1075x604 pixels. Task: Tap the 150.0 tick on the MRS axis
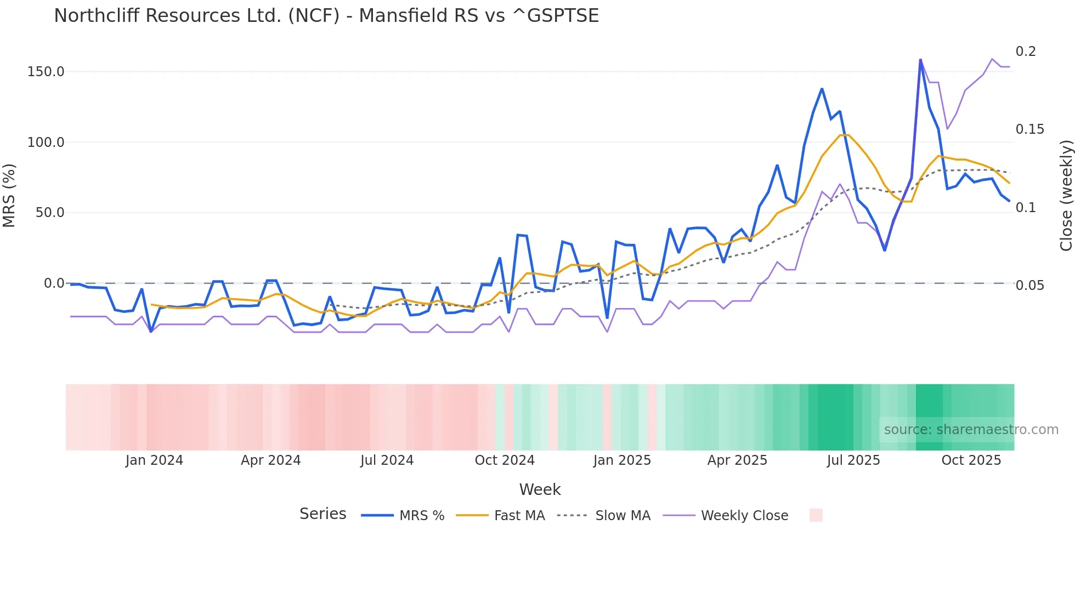coord(46,72)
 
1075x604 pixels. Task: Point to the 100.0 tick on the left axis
coord(46,143)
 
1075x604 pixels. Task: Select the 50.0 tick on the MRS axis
coord(50,213)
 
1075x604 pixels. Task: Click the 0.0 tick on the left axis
coord(54,283)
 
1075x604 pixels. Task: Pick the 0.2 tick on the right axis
coord(1026,52)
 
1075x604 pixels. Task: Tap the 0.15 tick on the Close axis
coord(1029,129)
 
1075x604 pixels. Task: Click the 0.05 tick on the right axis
coord(1029,286)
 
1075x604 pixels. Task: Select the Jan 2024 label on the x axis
coord(154,460)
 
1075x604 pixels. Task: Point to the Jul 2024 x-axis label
coord(387,460)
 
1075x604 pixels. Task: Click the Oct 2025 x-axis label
coord(971,460)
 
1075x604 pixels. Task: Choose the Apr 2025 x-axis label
coord(737,460)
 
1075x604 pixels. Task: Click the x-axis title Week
coord(540,489)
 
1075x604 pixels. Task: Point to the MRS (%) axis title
coord(9,195)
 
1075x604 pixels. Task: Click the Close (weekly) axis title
coord(1066,195)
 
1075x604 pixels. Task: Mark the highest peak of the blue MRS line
coord(920,59)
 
